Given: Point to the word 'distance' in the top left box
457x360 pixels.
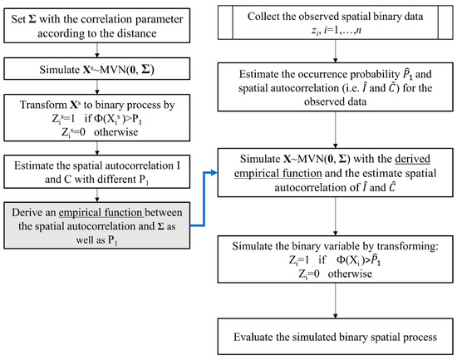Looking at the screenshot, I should coord(147,33).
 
